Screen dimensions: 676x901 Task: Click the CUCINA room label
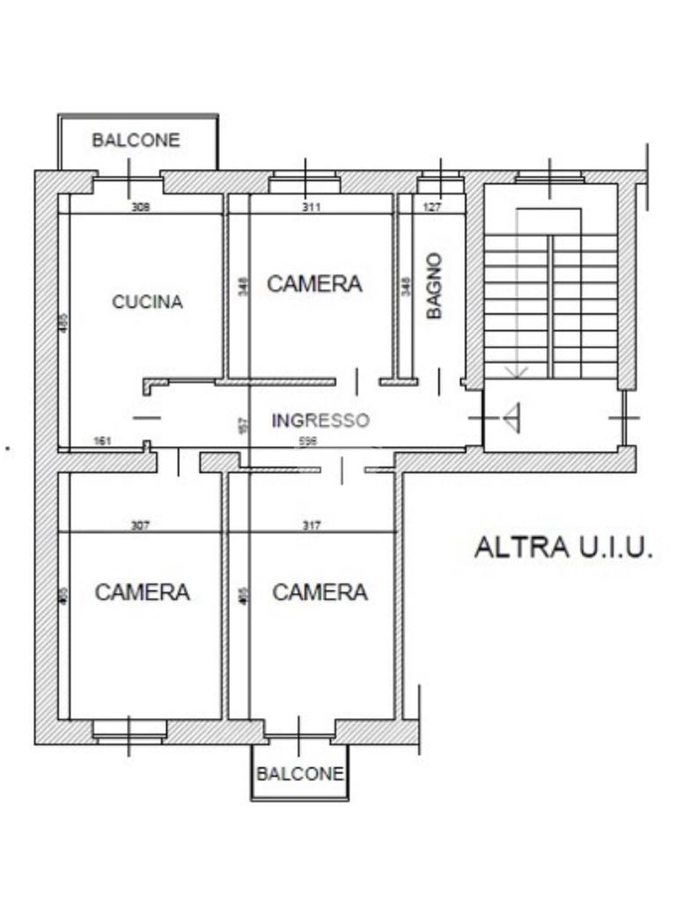pyautogui.click(x=148, y=302)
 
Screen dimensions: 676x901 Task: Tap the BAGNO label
pyautogui.click(x=433, y=286)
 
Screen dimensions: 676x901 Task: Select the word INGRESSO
pyautogui.click(x=320, y=421)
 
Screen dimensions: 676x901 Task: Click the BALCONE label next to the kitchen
pyautogui.click(x=136, y=140)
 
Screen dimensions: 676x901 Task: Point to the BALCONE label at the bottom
pyautogui.click(x=299, y=774)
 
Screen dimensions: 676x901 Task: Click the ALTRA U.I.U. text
pyautogui.click(x=563, y=547)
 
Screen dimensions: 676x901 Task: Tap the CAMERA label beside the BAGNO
pyautogui.click(x=314, y=283)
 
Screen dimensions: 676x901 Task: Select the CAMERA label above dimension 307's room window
pyautogui.click(x=142, y=592)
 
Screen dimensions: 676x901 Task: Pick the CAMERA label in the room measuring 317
pyautogui.click(x=320, y=592)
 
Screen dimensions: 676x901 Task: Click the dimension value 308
pyautogui.click(x=140, y=209)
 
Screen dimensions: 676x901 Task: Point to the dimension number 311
pyautogui.click(x=311, y=209)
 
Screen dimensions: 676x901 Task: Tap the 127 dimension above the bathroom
pyautogui.click(x=431, y=209)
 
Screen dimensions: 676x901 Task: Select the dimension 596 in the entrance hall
pyautogui.click(x=307, y=441)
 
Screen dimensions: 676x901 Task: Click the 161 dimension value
pyautogui.click(x=102, y=441)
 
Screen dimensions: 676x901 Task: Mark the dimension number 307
pyautogui.click(x=140, y=526)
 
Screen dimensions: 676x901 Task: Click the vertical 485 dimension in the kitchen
pyautogui.click(x=62, y=323)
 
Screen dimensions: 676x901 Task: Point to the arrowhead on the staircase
pyautogui.click(x=518, y=372)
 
